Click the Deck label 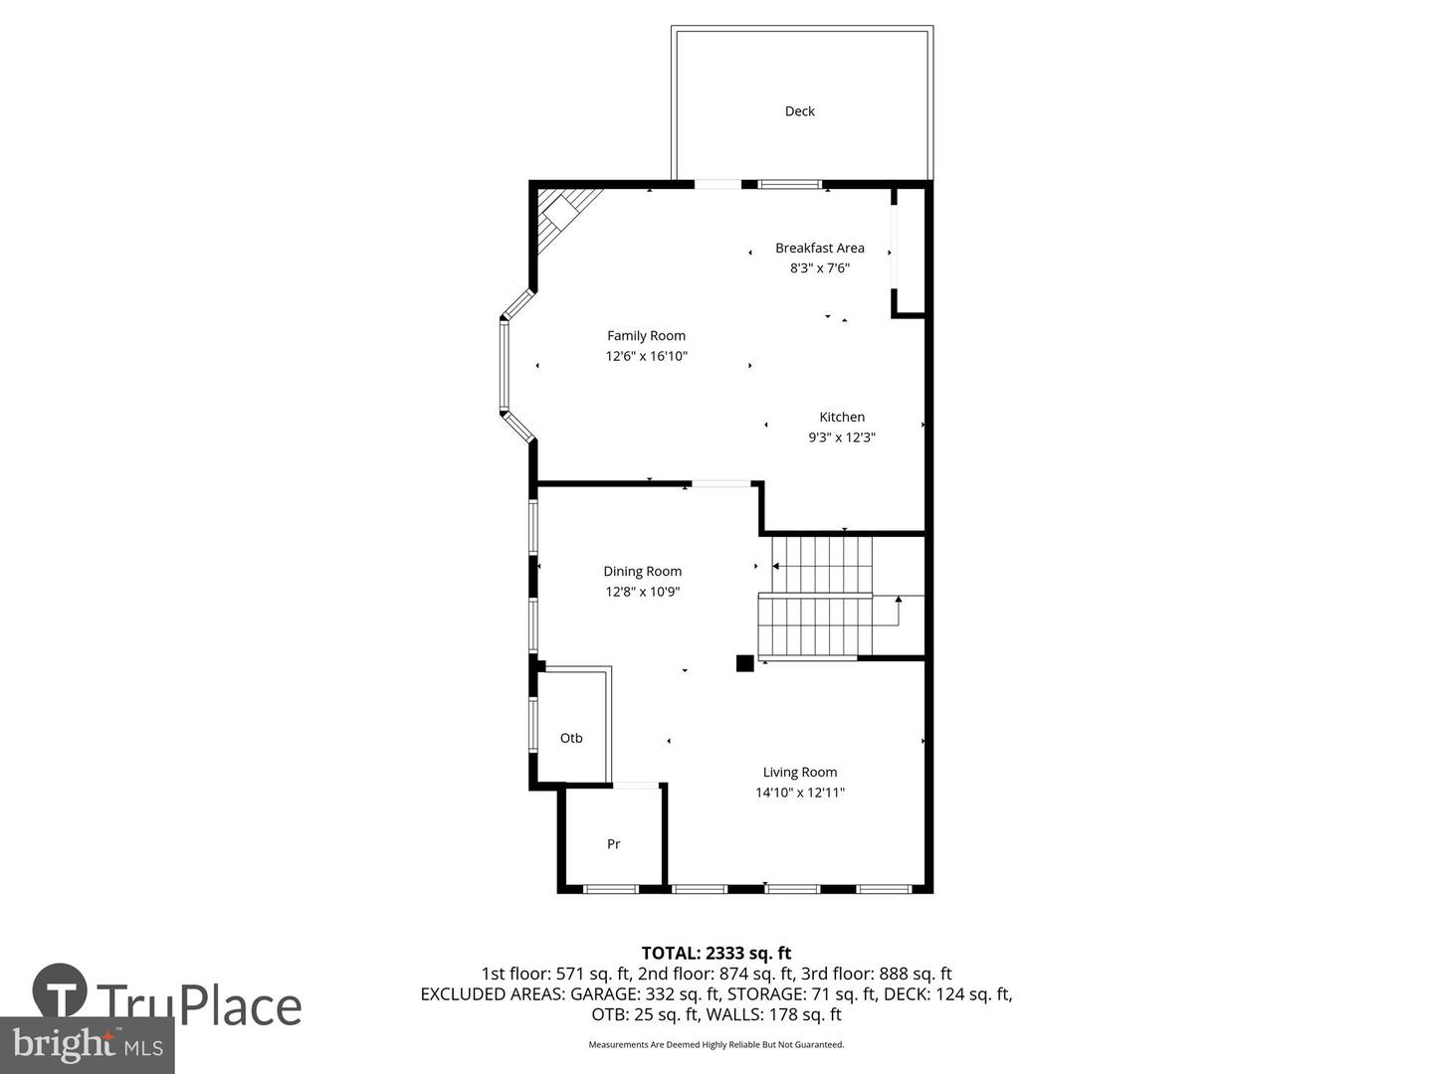799,111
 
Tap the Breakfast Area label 820,248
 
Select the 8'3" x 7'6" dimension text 820,268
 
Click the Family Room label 646,336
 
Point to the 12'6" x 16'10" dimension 646,356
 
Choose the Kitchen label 842,418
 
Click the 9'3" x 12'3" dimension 842,438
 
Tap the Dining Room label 642,572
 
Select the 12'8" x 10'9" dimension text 642,592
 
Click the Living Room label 799,773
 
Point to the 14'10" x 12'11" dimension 799,793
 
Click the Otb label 571,738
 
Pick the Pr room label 613,844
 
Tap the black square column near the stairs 744,663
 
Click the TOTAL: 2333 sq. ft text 716,954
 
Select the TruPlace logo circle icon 60,990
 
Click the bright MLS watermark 88,1045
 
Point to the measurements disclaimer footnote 716,1045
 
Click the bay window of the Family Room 506,365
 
